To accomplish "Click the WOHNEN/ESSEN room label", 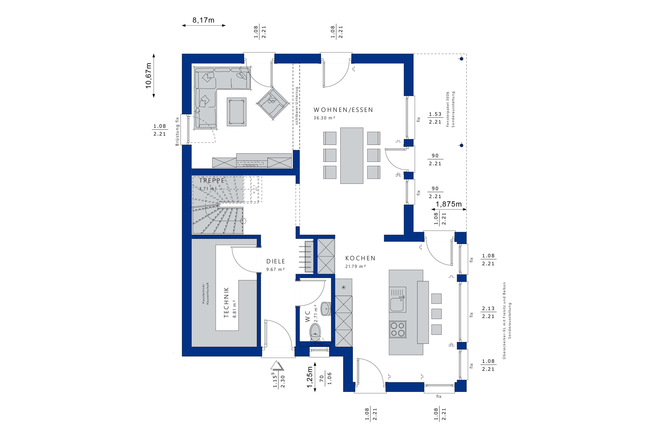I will click(343, 110).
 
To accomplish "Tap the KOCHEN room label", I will click(360, 258).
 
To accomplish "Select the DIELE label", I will click(275, 261).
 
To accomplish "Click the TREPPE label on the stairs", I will click(212, 180).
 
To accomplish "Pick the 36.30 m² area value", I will click(324, 118).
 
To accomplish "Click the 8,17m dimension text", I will click(203, 20).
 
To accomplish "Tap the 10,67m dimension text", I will click(149, 76).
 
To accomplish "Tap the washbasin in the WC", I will click(326, 308).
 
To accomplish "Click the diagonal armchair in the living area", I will click(272, 103).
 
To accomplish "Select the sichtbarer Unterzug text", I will click(297, 106).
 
